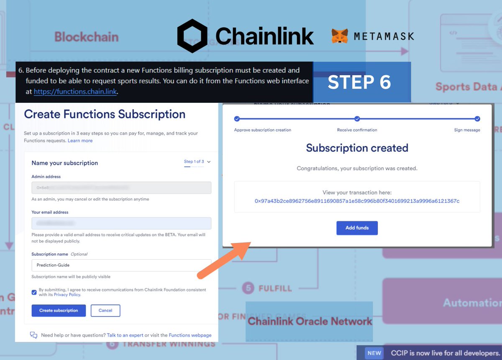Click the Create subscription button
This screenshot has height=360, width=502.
coord(59,311)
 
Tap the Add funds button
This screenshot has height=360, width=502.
coord(357,228)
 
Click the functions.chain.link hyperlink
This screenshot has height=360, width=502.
coord(75,92)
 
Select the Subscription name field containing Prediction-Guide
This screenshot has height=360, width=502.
coord(121,265)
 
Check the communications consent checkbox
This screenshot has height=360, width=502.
coord(34,292)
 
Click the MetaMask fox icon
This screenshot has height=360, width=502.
coord(340,36)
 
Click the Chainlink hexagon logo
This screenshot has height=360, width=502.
coord(192,36)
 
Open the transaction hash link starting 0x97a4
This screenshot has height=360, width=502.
coord(357,201)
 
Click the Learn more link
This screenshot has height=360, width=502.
coord(80,141)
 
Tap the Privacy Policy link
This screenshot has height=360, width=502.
coord(67,295)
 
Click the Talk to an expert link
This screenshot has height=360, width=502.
coord(125,335)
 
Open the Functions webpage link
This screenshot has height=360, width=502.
coord(190,335)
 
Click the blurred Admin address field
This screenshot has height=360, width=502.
coord(121,188)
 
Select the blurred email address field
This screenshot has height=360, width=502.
coord(121,223)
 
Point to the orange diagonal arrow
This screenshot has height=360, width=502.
coord(224,260)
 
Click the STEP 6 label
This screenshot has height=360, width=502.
coord(359,82)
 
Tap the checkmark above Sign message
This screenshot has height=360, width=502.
coord(477,119)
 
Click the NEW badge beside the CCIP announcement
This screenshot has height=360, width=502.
coord(374,353)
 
